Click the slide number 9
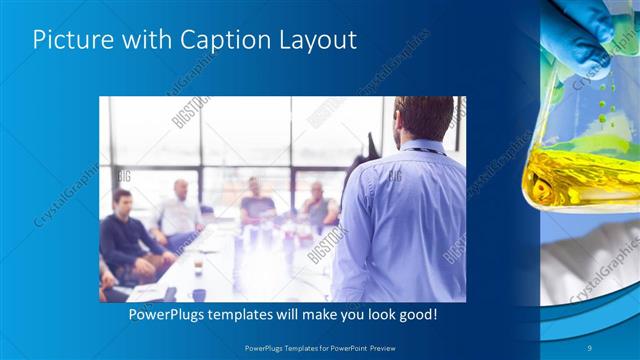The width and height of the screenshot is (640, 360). click(x=590, y=346)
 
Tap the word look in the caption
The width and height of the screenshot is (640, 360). click(x=370, y=316)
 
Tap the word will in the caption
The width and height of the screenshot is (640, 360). click(x=290, y=316)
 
